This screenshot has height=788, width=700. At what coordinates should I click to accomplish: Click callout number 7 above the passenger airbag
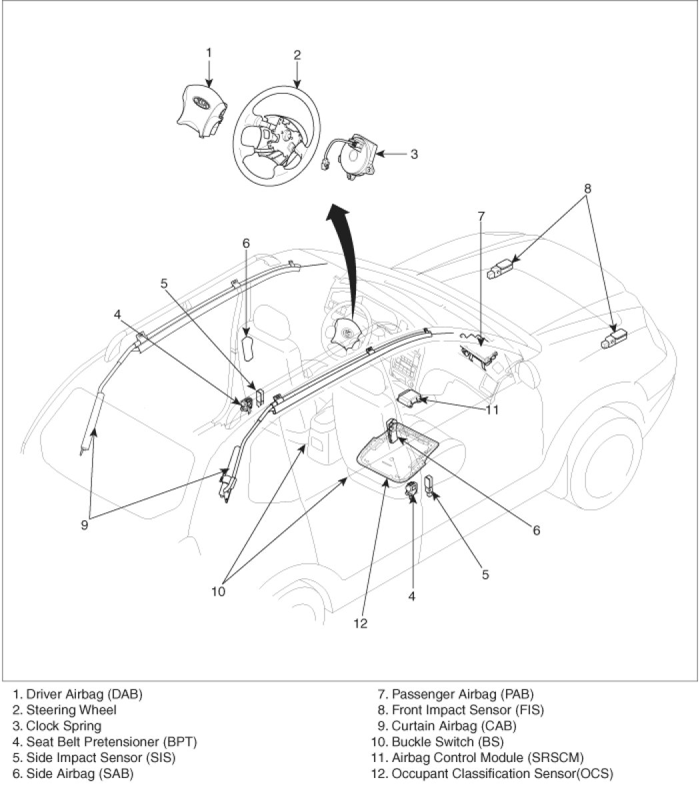pyautogui.click(x=481, y=215)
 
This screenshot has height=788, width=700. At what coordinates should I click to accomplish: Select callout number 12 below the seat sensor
pyautogui.click(x=361, y=623)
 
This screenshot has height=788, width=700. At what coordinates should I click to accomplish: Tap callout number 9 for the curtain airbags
pyautogui.click(x=85, y=524)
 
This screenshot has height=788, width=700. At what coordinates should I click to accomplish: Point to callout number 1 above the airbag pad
pyautogui.click(x=209, y=51)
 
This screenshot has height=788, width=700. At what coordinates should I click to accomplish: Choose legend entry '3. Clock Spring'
pyautogui.click(x=57, y=725)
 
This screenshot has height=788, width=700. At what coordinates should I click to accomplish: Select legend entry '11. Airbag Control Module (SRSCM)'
pyautogui.click(x=477, y=757)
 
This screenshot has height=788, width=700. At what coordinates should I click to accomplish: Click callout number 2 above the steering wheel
pyautogui.click(x=297, y=55)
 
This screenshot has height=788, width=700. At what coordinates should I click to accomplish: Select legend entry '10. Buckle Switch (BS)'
pyautogui.click(x=438, y=741)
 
